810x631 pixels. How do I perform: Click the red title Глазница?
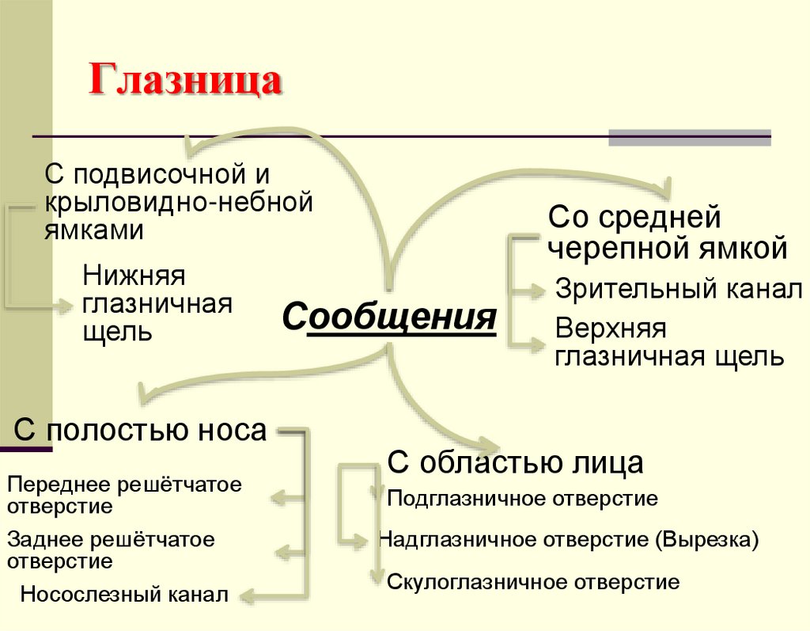pos(185,82)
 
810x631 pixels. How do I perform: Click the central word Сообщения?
pos(389,317)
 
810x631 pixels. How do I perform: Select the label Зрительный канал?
pos(679,289)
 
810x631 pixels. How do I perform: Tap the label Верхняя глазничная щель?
pos(669,343)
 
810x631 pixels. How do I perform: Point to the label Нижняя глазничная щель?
pos(157,303)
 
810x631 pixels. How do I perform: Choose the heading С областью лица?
pos(515,462)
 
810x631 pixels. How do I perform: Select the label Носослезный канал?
pos(125,594)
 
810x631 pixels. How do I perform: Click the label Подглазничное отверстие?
pos(523,499)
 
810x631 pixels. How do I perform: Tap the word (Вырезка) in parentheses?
pos(706,540)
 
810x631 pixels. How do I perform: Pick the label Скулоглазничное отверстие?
pos(533,583)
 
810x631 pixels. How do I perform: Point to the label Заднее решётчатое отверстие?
pos(111,550)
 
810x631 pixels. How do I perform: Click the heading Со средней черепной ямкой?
pos(668,233)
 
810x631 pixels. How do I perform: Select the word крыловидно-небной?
pos(179,201)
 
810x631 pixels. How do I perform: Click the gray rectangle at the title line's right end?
pos(689,137)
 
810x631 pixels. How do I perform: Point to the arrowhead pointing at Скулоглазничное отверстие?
pos(377,578)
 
